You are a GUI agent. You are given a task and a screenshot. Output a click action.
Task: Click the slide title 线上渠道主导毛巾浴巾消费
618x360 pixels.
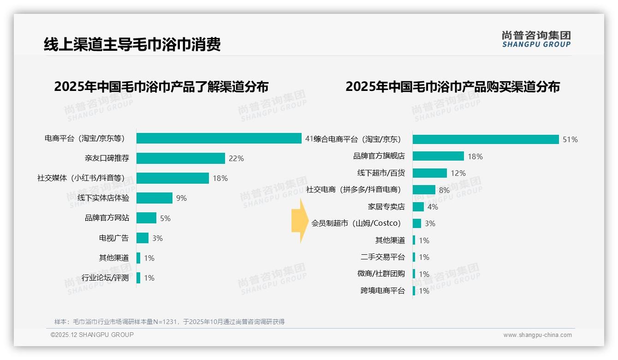coord(132,44)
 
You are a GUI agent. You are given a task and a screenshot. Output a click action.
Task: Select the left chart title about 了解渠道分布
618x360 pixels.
coord(161,87)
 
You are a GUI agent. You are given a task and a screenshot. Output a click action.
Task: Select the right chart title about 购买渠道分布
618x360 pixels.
coord(452,87)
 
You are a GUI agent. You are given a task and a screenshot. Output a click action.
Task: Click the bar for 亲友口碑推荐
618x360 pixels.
coord(180,158)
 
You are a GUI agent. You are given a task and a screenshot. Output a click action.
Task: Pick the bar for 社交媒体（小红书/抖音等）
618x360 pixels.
coord(172,178)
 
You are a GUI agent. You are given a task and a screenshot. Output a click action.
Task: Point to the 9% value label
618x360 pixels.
coord(181,198)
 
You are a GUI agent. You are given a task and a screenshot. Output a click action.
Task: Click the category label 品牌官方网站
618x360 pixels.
coord(107,218)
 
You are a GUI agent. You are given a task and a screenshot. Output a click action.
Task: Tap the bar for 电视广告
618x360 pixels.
coord(143,238)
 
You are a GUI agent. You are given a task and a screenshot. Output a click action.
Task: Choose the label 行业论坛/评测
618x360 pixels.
coord(105,278)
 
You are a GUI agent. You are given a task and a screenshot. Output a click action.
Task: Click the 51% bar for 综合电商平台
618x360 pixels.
coord(486,139)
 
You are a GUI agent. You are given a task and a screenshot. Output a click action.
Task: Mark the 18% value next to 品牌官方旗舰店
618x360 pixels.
coord(475,156)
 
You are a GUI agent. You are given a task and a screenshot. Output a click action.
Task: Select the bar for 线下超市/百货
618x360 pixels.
coord(429,173)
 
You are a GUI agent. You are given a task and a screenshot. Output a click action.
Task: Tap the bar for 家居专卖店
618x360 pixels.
coord(418,207)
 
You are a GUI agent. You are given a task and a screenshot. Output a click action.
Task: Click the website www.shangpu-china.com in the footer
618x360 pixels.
coord(537,335)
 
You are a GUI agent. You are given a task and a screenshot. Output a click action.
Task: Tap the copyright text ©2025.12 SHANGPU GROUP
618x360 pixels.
coord(92,335)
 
